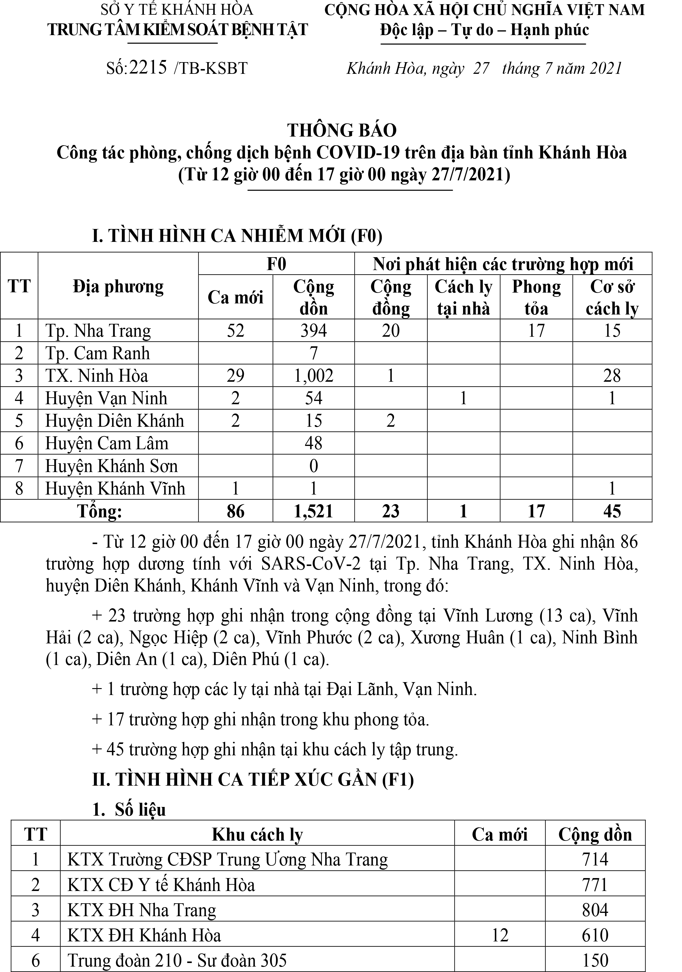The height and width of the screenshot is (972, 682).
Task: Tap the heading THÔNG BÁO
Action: point(342,130)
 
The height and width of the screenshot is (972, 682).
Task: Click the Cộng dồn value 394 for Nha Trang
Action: point(314,331)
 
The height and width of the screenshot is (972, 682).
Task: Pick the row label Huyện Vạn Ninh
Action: point(106,398)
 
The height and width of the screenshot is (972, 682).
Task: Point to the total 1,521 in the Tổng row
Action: point(314,511)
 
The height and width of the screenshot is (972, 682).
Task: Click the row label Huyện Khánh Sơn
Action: point(111,466)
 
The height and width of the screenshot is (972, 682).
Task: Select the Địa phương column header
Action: point(118,287)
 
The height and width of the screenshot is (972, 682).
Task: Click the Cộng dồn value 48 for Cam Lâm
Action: point(314,443)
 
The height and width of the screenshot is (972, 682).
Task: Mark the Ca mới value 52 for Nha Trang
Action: point(235,331)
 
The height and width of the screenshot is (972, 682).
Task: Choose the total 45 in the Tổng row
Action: point(612,511)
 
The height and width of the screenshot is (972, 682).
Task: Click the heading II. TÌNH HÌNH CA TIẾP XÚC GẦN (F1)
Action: point(253,780)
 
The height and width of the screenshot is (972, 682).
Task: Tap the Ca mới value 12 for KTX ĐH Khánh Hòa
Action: point(500,935)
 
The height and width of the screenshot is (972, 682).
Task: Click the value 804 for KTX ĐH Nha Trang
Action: point(595,910)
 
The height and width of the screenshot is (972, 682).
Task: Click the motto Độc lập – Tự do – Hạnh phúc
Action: point(484,30)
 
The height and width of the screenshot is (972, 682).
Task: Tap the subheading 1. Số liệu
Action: point(129,809)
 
